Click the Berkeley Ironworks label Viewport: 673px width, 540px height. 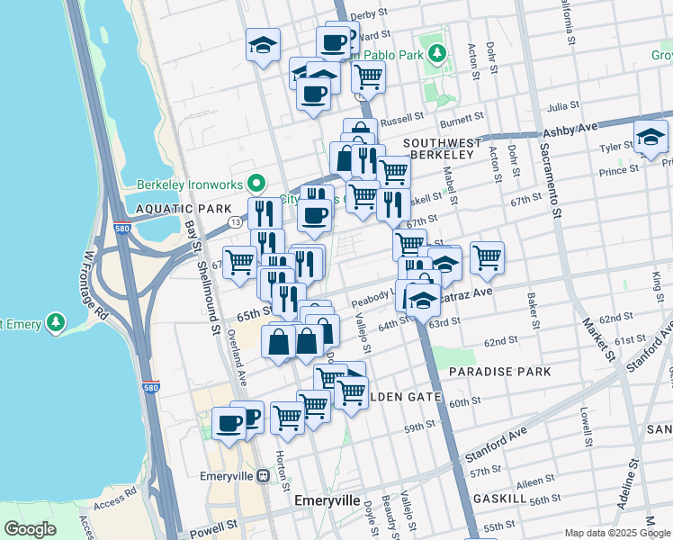click(191, 185)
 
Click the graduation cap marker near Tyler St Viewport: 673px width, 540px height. click(651, 136)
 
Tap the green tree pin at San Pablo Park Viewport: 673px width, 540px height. click(437, 53)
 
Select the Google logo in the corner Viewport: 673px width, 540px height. click(30, 528)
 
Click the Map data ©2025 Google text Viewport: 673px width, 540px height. click(616, 533)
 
